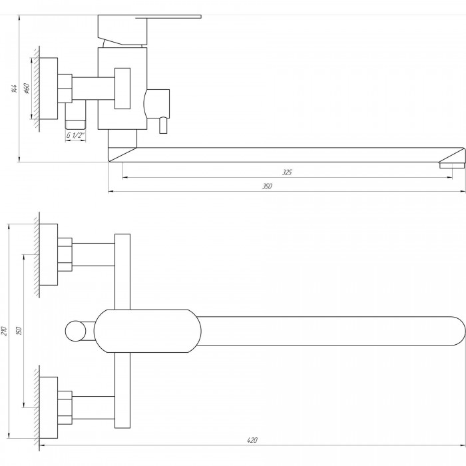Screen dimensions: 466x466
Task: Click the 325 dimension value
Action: [x=287, y=172]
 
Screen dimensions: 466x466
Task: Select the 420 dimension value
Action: [x=252, y=440]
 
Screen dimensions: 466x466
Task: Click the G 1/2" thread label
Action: [x=75, y=136]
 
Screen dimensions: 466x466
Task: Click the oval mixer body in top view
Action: [x=146, y=330]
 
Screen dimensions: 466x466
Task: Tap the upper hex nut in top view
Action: [x=65, y=254]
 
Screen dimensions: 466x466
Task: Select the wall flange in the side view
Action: [x=47, y=89]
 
